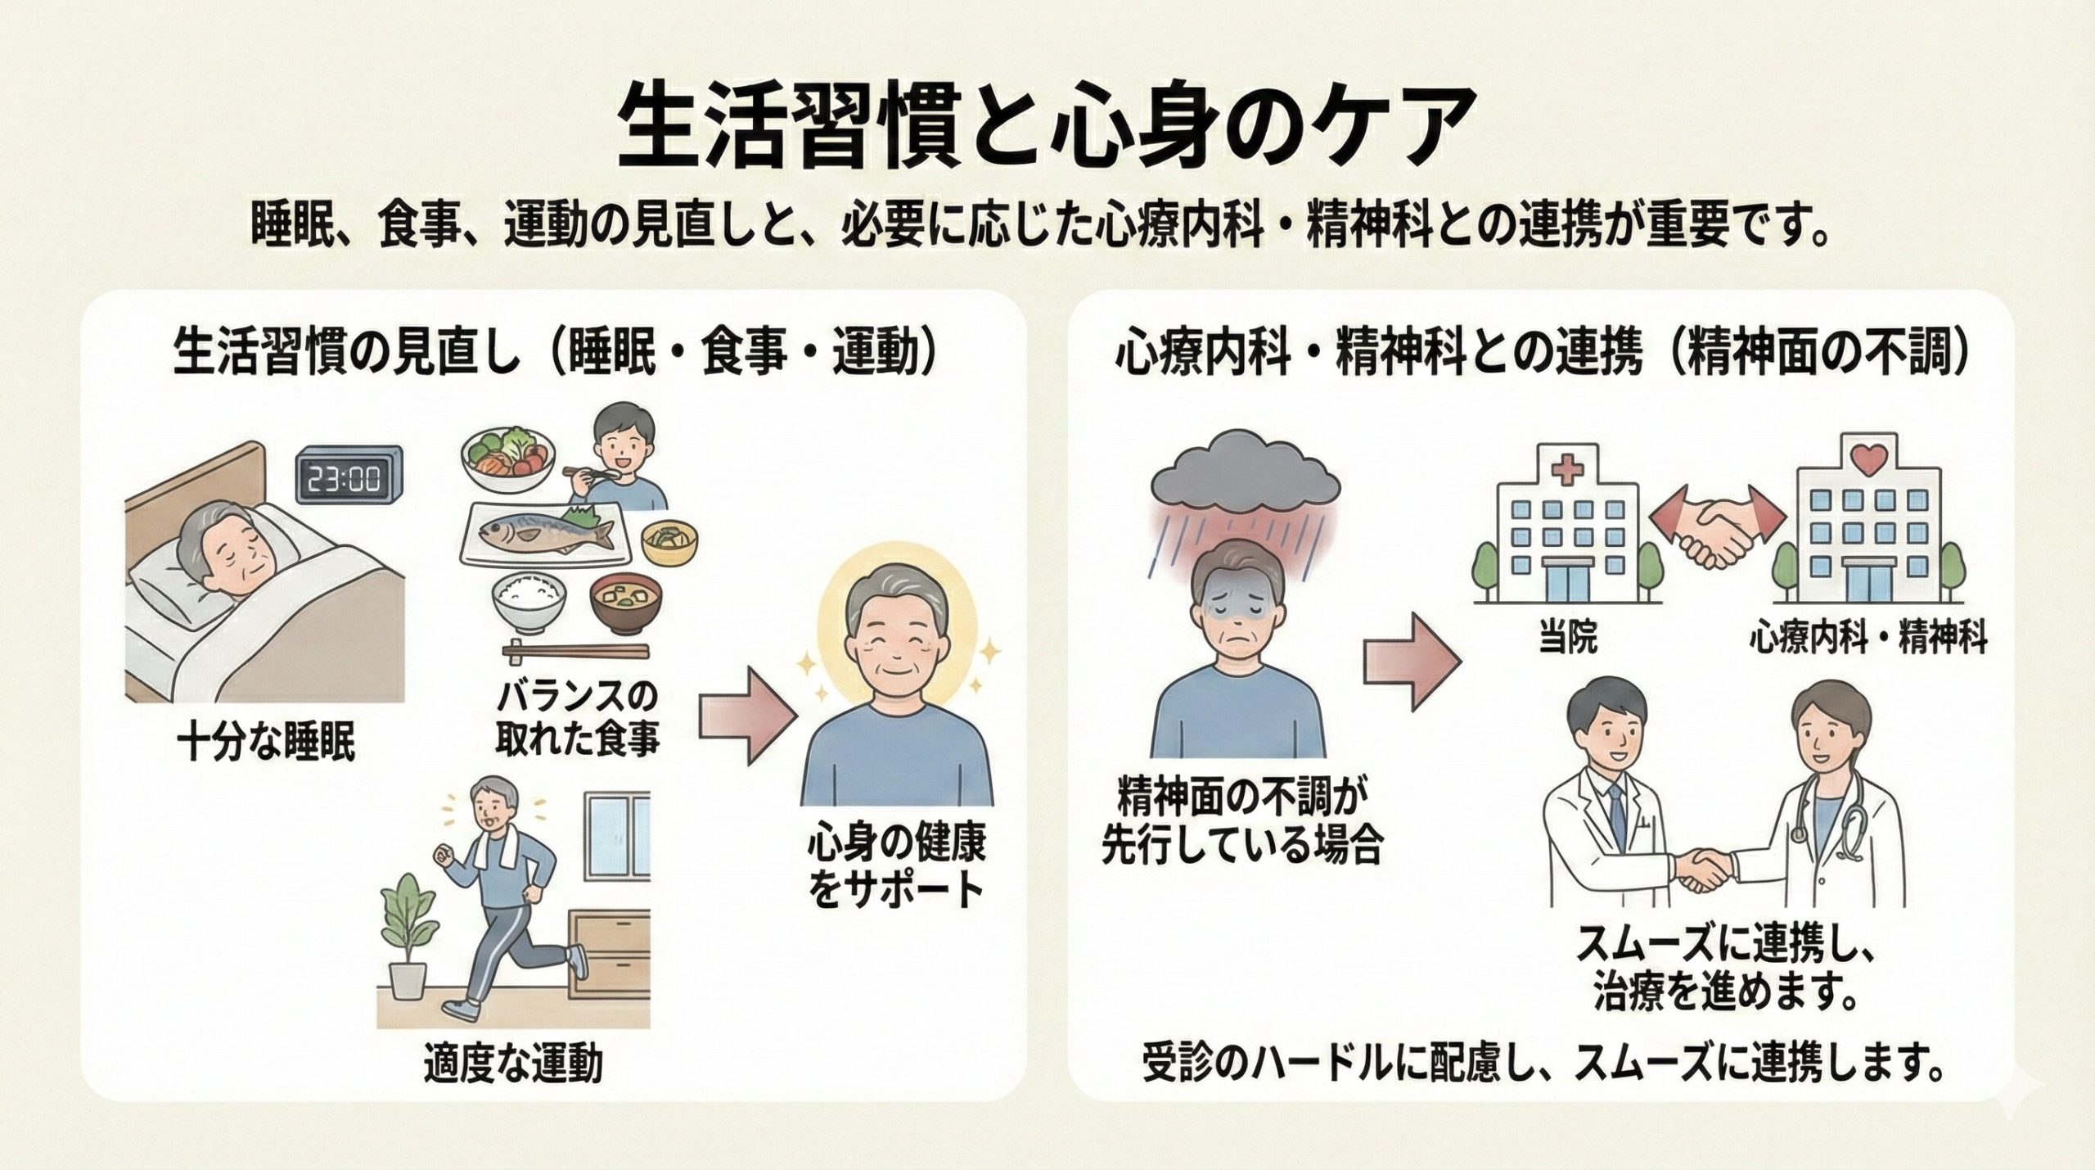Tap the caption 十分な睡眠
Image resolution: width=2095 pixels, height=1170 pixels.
point(267,744)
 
